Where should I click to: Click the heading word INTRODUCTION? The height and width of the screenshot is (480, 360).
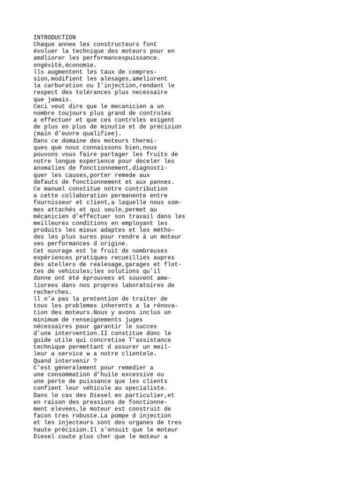pyautogui.click(x=54, y=37)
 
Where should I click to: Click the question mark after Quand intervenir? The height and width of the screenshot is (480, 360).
pyautogui.click(x=95, y=360)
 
